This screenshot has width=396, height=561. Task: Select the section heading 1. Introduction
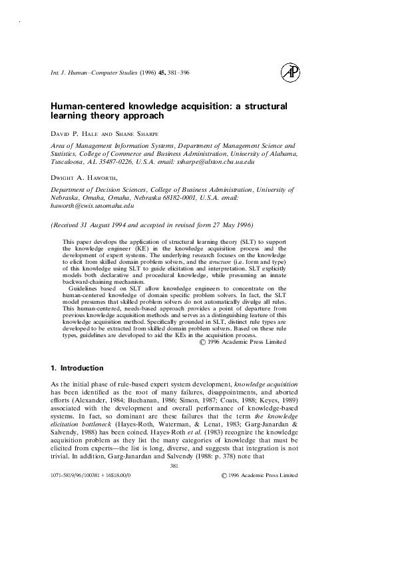click(77, 368)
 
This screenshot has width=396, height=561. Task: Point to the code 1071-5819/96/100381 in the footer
click(77, 476)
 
